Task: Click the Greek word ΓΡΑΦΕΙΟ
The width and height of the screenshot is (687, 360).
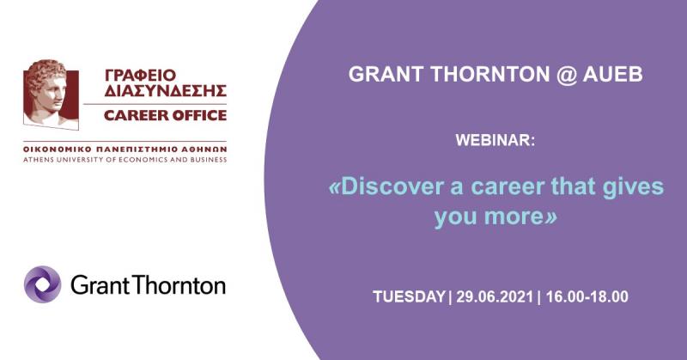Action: click(140, 75)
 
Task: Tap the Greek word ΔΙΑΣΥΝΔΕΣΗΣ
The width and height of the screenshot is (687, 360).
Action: click(166, 90)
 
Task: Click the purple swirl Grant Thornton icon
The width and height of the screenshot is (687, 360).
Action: click(42, 284)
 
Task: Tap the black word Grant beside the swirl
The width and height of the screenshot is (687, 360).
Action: click(100, 285)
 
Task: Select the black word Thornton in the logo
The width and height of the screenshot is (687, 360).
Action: click(179, 285)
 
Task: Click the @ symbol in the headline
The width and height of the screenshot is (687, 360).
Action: click(566, 75)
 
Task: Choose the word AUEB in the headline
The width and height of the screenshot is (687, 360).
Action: click(612, 74)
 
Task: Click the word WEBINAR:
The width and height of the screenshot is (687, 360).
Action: click(495, 140)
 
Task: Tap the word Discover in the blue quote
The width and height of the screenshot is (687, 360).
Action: click(386, 186)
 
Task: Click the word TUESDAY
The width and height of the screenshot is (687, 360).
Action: click(410, 297)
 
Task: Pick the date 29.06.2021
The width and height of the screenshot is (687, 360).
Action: click(495, 297)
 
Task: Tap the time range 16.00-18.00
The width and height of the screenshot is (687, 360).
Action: click(587, 297)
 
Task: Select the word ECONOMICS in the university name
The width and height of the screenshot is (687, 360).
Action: click(141, 160)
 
